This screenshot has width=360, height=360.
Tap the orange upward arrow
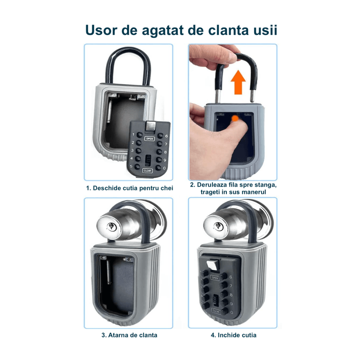tap(238, 82)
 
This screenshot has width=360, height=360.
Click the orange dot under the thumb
tap(235, 118)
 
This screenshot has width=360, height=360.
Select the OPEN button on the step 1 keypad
tap(149, 139)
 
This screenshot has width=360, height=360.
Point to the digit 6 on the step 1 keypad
tap(166, 136)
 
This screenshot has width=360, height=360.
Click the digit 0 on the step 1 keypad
tap(164, 168)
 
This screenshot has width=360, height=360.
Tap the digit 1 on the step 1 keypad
tap(133, 134)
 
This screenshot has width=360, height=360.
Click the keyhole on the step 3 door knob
tap(111, 227)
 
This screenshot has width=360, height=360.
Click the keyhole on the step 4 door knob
tap(218, 226)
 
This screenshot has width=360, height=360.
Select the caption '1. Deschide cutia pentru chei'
tap(130, 188)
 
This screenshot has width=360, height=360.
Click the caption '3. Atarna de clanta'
tap(129, 335)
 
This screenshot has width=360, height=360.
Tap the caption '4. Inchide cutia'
tap(234, 335)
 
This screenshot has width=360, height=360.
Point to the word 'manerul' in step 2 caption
tap(254, 192)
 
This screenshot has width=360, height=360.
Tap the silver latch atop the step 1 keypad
tap(151, 126)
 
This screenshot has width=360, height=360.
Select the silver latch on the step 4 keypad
tap(213, 264)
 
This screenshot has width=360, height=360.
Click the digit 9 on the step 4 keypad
tap(231, 304)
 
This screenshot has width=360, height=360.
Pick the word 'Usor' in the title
tap(101, 30)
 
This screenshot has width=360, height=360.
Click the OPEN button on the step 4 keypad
tap(215, 278)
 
